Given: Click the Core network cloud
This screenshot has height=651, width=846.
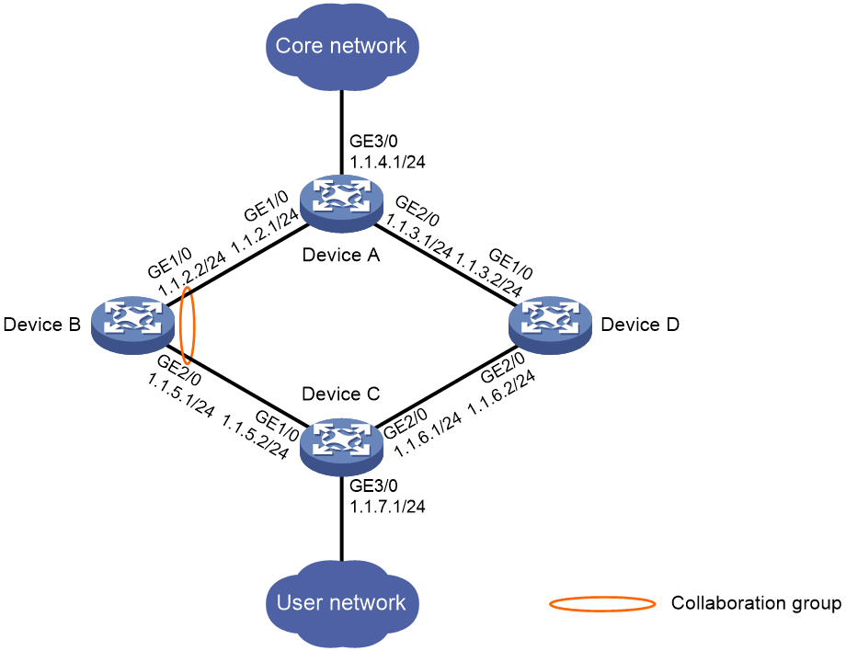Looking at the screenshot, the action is [341, 46].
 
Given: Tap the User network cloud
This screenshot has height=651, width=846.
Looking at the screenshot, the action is [341, 603].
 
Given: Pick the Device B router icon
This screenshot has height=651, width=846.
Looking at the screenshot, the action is [132, 325].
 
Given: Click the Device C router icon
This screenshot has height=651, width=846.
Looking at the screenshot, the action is [341, 447].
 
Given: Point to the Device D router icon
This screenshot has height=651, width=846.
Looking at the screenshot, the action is [550, 325].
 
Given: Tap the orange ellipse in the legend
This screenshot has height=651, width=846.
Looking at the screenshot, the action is [602, 603].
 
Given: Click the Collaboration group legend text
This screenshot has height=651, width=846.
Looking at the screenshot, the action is [756, 603].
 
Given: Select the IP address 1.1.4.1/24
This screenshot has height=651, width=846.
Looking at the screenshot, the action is [387, 161].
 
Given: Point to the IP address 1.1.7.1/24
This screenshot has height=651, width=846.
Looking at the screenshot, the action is [387, 506].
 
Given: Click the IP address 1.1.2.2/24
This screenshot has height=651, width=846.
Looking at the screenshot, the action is [192, 273].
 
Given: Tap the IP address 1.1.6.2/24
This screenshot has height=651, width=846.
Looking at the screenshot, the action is [501, 392].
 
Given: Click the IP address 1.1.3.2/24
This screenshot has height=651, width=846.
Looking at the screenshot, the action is [488, 275].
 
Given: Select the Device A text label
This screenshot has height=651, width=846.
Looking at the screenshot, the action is [341, 255].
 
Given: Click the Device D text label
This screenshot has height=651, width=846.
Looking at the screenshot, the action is [640, 325].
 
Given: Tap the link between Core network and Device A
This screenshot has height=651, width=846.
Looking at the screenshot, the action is [341, 132].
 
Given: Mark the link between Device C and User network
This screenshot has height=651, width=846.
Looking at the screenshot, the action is [341, 519].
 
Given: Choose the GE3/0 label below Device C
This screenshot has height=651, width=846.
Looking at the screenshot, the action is [373, 485].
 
